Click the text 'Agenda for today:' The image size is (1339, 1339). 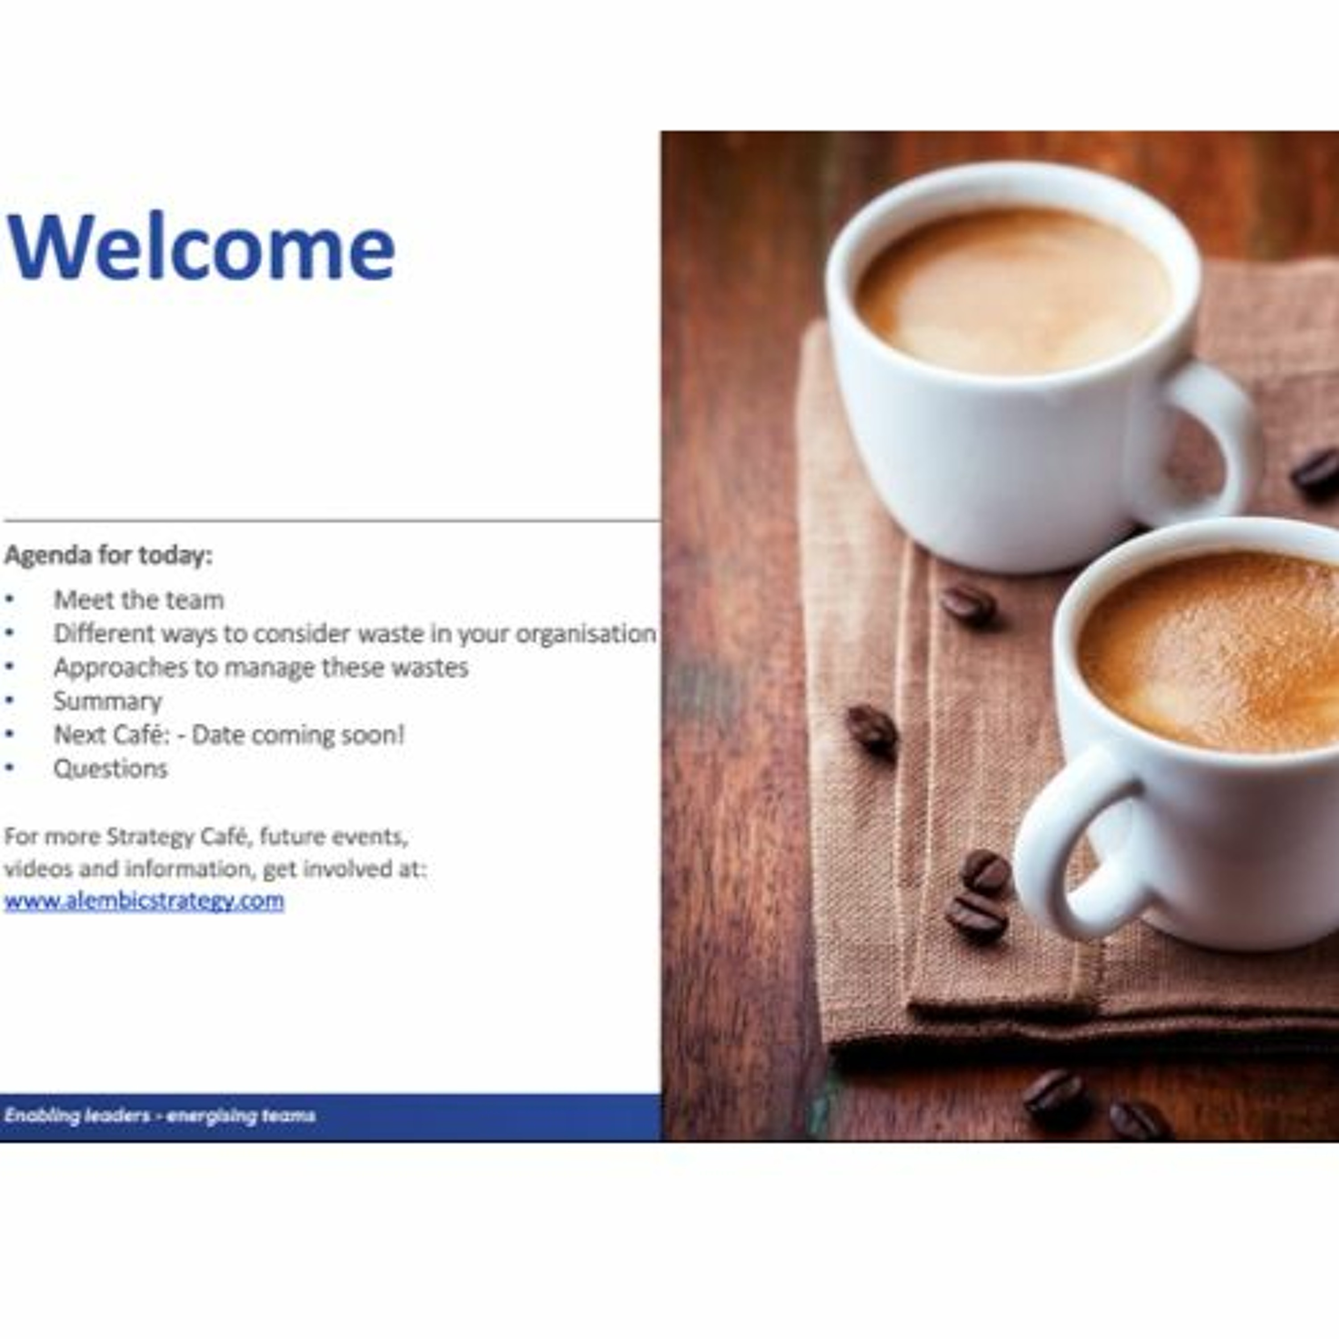(108, 555)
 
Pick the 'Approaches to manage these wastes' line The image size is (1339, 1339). (261, 667)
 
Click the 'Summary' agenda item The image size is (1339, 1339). (108, 701)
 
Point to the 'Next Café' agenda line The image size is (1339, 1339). (229, 735)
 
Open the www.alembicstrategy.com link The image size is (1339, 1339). (144, 901)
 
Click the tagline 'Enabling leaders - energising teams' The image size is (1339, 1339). (159, 1115)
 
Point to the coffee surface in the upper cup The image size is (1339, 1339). (1013, 291)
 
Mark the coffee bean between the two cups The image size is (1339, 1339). (968, 605)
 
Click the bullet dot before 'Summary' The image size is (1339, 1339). (9, 701)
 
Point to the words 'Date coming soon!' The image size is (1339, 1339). (298, 735)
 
